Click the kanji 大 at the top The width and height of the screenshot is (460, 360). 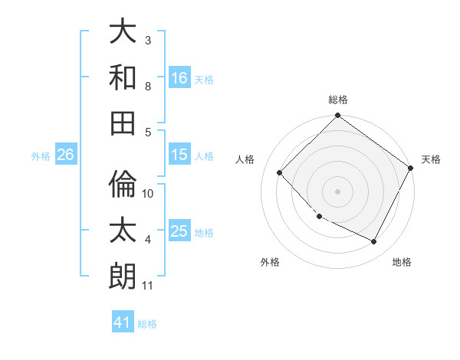[123, 32]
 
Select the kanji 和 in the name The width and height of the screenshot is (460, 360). [123, 77]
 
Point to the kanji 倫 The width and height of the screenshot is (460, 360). [123, 185]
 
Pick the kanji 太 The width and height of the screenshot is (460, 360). [123, 229]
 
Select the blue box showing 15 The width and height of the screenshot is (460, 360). [179, 155]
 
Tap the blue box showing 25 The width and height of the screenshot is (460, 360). [179, 231]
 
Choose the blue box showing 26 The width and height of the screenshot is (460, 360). [65, 155]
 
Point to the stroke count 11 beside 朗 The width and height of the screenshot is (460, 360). [147, 286]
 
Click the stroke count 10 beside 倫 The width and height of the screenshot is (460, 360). [148, 193]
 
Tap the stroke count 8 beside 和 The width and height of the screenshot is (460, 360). [147, 86]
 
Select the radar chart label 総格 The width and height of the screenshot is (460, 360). [338, 100]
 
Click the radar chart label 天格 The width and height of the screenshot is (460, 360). [431, 159]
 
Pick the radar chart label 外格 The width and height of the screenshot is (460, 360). [270, 262]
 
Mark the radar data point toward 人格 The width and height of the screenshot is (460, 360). [280, 173]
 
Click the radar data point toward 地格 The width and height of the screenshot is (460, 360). [374, 242]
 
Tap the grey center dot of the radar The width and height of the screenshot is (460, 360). [337, 191]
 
